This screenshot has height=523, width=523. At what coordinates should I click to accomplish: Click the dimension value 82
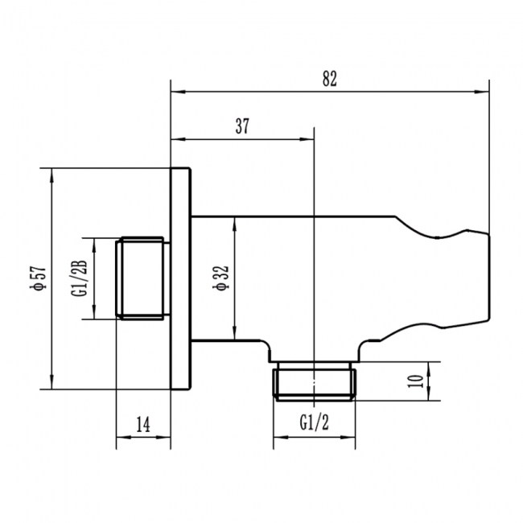328,78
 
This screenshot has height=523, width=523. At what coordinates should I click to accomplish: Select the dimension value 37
242,126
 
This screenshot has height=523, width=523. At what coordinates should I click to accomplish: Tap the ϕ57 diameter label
36,277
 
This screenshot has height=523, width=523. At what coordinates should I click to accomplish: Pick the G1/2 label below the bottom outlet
314,422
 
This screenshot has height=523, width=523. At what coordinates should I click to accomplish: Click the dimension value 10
416,381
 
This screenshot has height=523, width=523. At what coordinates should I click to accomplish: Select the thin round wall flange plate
181,278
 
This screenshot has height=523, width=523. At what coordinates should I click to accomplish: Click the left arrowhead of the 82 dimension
175,92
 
